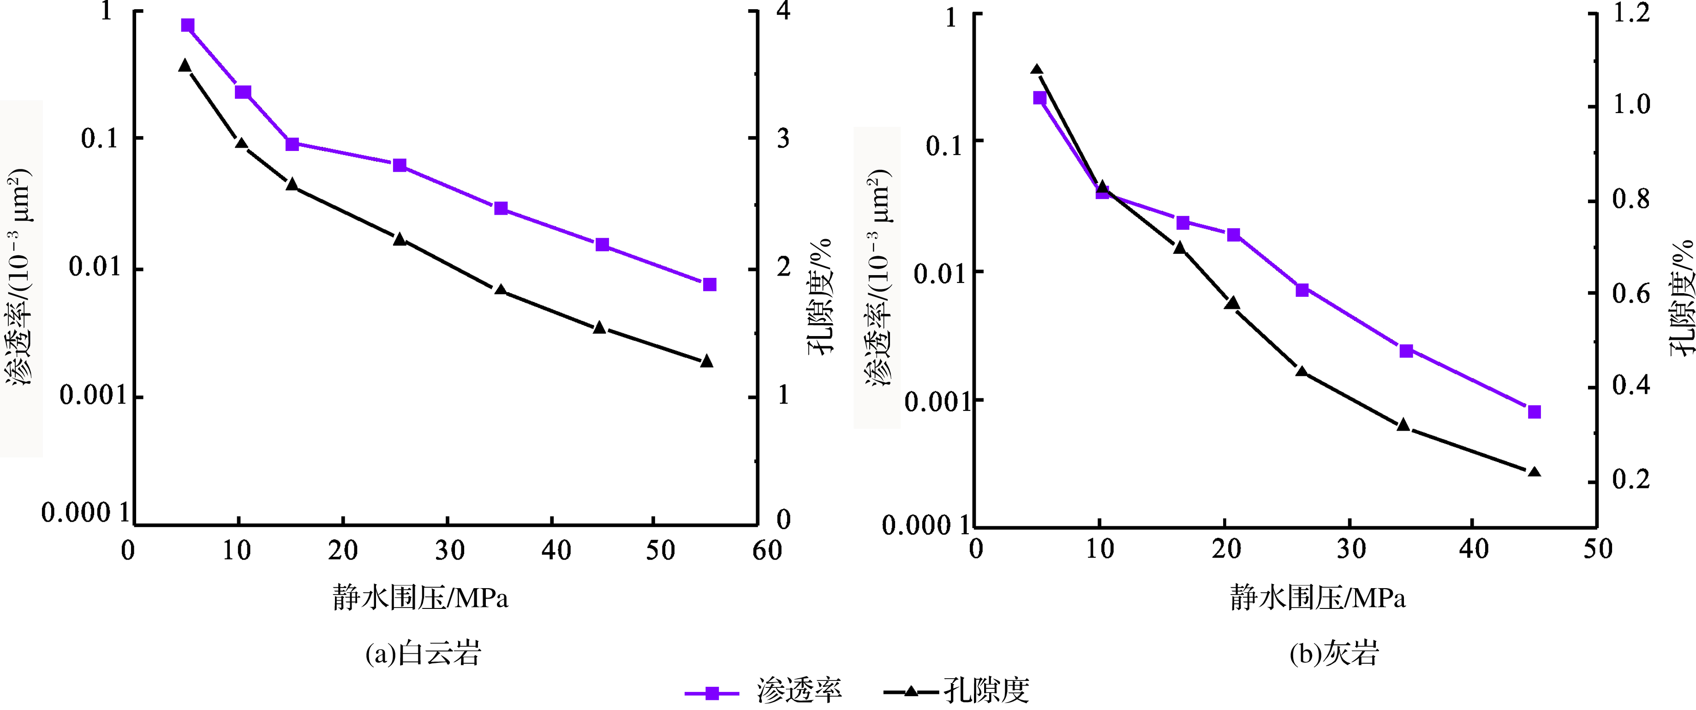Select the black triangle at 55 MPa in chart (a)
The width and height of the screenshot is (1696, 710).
[x=706, y=361]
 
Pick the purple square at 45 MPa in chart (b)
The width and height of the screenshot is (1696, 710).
[x=1534, y=412]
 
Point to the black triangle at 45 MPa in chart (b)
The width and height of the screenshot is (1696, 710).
[x=1534, y=472]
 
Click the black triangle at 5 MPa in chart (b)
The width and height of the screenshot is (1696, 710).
[x=1036, y=70]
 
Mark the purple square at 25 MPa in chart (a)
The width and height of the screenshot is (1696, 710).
[x=400, y=165]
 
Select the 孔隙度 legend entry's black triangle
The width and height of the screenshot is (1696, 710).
[x=911, y=692]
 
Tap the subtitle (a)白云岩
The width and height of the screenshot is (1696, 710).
[x=424, y=653]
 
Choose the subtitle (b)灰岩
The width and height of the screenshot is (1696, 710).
[x=1334, y=653]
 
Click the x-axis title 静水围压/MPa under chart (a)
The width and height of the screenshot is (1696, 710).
[x=420, y=598]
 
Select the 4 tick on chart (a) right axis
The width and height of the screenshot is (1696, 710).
[x=783, y=11]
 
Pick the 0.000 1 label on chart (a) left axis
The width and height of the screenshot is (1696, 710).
[x=86, y=512]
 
